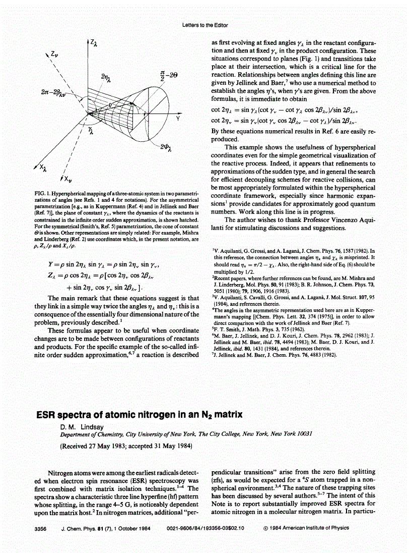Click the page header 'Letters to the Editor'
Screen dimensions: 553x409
coord(204,25)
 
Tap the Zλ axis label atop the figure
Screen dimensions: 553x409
coord(92,44)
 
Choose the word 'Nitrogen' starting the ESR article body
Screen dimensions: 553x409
coord(62,474)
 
